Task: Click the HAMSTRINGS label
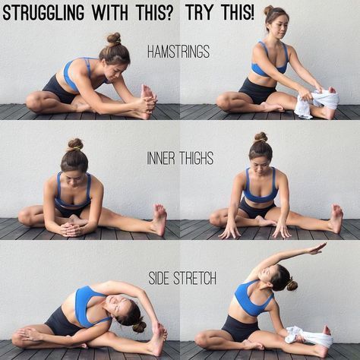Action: (x=179, y=52)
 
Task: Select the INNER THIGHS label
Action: (x=180, y=159)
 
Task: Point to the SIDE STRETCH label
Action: (x=180, y=279)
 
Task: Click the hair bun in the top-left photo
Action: (x=113, y=38)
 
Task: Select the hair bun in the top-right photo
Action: (x=269, y=10)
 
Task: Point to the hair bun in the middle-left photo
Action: (x=75, y=144)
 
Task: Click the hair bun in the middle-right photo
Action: (x=261, y=137)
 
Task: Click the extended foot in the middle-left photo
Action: (x=159, y=218)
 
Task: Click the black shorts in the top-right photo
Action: (x=255, y=90)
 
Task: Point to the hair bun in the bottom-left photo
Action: (x=139, y=326)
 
